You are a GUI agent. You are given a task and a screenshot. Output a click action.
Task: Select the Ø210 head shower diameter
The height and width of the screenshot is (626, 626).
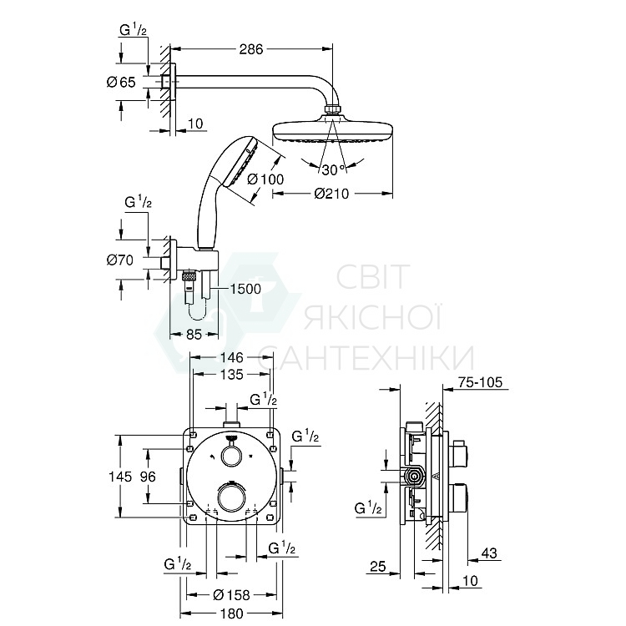coord(333,194)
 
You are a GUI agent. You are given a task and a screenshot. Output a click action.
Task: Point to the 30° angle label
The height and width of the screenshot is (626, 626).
coord(333,169)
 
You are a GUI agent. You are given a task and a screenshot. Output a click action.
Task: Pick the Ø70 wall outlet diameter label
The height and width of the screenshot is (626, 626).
coord(120,260)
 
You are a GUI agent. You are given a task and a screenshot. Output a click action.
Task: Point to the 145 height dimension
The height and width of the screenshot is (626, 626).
coord(120,477)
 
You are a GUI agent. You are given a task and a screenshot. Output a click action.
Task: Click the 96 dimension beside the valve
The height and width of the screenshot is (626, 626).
coord(147,477)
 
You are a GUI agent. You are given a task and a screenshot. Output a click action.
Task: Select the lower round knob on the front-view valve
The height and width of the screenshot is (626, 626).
coord(231,498)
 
